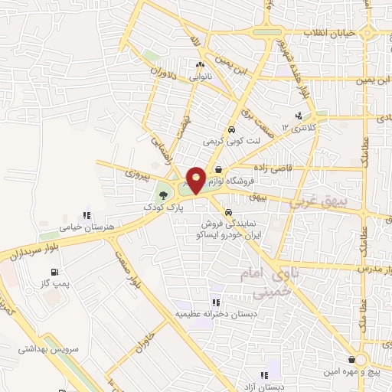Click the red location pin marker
click(196, 180)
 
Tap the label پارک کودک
click(162, 207)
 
